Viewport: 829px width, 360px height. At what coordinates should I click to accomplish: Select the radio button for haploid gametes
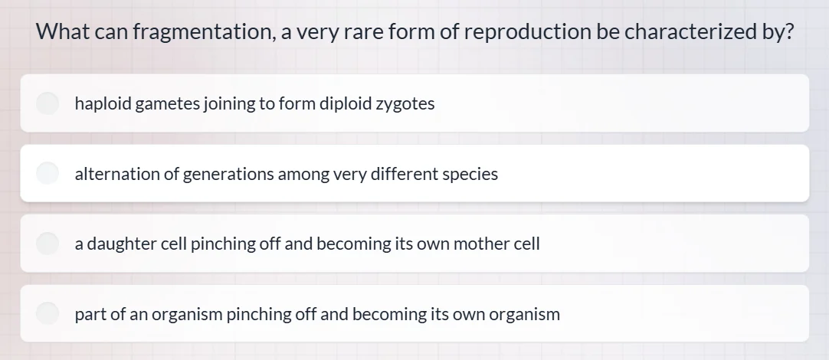click(x=48, y=103)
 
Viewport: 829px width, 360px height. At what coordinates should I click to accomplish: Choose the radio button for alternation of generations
click(x=48, y=174)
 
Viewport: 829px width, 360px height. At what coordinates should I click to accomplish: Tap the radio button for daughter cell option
click(x=48, y=244)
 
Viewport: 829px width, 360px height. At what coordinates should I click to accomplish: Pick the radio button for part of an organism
click(x=48, y=313)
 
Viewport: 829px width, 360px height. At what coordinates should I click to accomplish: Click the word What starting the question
click(x=64, y=32)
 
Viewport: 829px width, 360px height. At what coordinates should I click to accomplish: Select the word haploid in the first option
click(x=103, y=103)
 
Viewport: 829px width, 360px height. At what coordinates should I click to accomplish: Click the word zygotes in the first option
click(x=405, y=103)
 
